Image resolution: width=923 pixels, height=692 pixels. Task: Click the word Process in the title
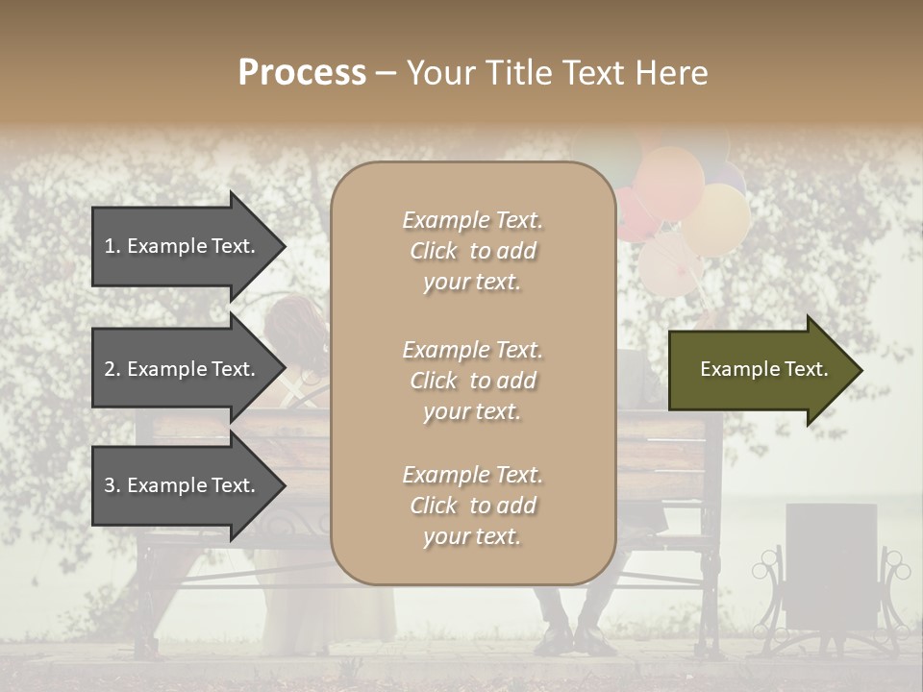pyautogui.click(x=302, y=73)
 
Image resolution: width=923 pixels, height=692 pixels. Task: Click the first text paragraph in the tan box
pyautogui.click(x=472, y=251)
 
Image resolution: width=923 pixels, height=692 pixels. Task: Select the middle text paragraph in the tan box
pyautogui.click(x=472, y=381)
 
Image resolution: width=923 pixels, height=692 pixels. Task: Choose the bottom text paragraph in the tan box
pyautogui.click(x=472, y=506)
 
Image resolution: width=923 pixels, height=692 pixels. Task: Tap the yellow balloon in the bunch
pyautogui.click(x=716, y=219)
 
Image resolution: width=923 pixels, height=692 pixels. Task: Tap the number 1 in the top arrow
pyautogui.click(x=110, y=246)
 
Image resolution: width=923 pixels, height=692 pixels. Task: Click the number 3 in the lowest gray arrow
pyautogui.click(x=110, y=485)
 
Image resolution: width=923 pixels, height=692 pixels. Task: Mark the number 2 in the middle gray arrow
pyautogui.click(x=110, y=369)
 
